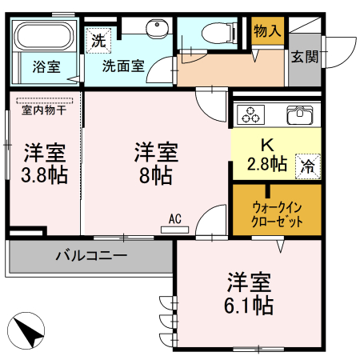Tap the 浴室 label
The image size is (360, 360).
(46, 66)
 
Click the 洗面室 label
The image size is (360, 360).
(123, 66)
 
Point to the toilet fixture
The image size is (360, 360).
(213, 33)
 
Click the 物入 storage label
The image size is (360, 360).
(266, 31)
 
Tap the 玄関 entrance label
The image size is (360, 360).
(304, 57)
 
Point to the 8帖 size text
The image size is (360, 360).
(155, 174)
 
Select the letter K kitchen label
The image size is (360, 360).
(266, 145)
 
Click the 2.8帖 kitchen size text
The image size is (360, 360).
(266, 165)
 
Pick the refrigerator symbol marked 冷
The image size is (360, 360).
(307, 166)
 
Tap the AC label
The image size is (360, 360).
(175, 218)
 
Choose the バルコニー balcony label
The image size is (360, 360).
(91, 257)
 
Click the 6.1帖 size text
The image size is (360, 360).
(250, 305)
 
